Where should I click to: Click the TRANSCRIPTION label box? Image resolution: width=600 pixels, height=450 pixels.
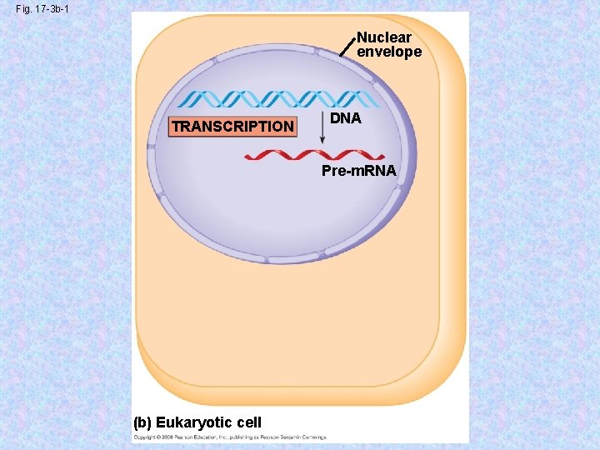[x=232, y=127]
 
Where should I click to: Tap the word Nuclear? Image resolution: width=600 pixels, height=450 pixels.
[x=384, y=38]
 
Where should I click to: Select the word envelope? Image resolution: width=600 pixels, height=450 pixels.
[x=389, y=52]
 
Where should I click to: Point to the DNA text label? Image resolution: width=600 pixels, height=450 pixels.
[x=346, y=118]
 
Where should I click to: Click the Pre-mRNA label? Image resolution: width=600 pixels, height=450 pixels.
[x=360, y=172]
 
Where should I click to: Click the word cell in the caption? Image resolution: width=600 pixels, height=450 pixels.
[x=247, y=422]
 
